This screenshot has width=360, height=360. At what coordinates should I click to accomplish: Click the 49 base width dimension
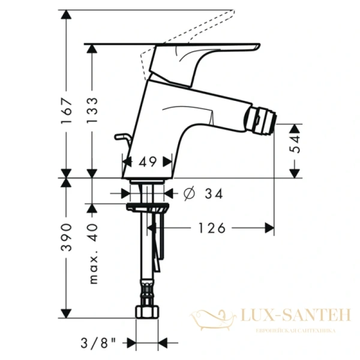(147, 161)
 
